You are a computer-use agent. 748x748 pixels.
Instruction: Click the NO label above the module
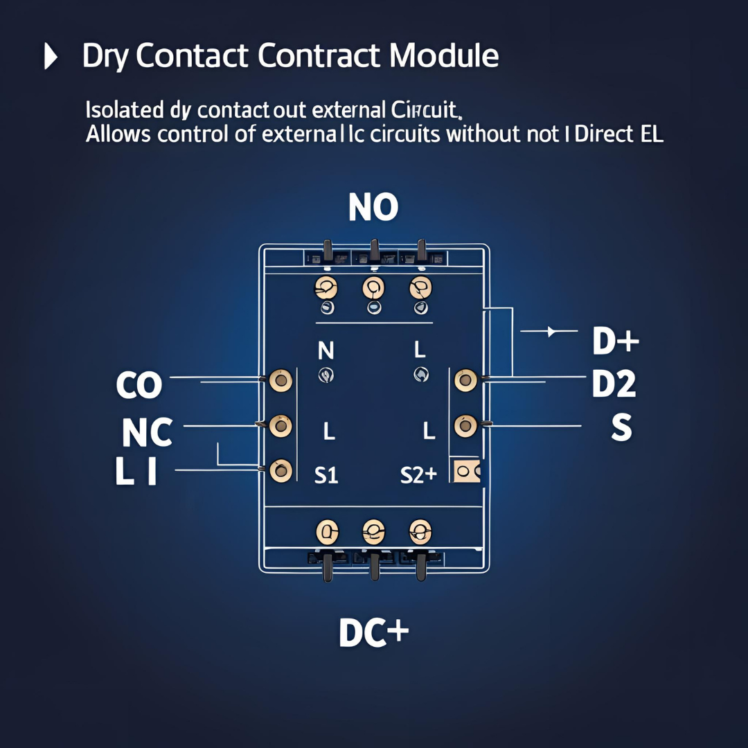tap(373, 206)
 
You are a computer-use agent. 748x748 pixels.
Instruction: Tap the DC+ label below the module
tap(373, 632)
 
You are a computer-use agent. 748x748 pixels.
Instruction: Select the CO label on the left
tap(139, 386)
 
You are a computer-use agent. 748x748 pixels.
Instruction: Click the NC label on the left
tap(147, 433)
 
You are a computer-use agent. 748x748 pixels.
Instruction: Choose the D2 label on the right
tap(614, 385)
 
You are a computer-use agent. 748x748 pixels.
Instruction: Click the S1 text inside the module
tap(326, 475)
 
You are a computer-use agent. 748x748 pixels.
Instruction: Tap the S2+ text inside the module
tap(418, 475)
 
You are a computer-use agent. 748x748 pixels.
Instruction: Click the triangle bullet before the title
tap(51, 57)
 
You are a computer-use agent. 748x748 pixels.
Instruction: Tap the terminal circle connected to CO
tap(280, 380)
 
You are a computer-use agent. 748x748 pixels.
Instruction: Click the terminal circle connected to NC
tap(280, 426)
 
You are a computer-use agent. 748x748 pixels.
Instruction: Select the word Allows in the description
tap(118, 134)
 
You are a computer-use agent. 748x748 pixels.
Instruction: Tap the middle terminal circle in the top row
tap(373, 286)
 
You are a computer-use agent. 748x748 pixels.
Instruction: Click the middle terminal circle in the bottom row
tap(373, 532)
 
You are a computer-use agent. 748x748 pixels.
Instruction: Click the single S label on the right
tap(621, 429)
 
